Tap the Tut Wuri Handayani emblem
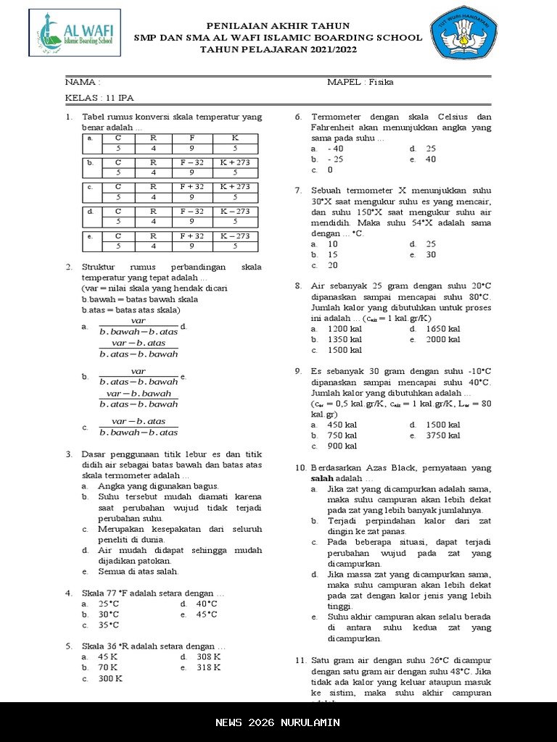(465, 33)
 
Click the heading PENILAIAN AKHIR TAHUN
(278, 26)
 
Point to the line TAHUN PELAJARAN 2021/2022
(278, 49)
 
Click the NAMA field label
(83, 82)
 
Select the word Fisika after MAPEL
(381, 82)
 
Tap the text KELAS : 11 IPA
(99, 98)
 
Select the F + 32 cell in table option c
(192, 187)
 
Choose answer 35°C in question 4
(109, 625)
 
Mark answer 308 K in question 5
(208, 656)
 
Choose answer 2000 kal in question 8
(443, 339)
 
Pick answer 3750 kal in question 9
(443, 435)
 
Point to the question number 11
(301, 661)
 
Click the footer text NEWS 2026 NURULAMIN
(278, 722)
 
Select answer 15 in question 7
(333, 255)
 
